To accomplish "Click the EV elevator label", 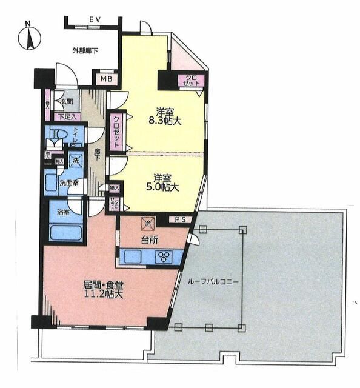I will coord(94,20).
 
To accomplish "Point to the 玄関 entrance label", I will coord(65,102).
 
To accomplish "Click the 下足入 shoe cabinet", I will coord(65,116).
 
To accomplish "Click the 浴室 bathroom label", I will coord(63,212).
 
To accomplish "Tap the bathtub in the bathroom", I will coord(66,232).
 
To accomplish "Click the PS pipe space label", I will coord(180,219).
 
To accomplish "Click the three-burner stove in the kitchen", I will coord(164,256).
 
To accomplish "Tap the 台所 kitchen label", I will coord(150,240).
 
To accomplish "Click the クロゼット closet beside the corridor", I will coord(116,132).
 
